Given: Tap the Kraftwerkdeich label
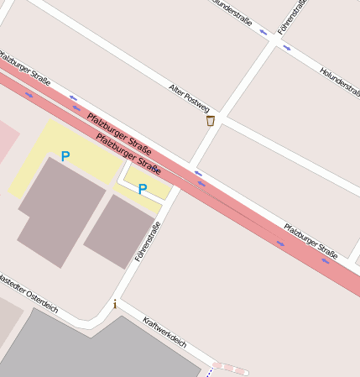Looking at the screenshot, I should pos(164,332).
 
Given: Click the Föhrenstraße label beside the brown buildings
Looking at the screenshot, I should pos(147,241).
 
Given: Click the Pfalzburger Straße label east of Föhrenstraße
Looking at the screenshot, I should pos(310,240).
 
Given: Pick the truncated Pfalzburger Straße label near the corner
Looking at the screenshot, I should pos(23,66).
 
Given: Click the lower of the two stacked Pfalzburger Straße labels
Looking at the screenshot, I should pos(128,153).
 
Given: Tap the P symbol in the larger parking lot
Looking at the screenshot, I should pos(65,156).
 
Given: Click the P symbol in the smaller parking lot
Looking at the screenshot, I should pos(142,189).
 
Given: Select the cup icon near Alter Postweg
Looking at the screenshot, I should pos(210,121).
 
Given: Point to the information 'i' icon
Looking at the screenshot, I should pos(115,304).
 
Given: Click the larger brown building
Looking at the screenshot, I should pos(59,210).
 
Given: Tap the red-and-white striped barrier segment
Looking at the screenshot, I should pos(231,368).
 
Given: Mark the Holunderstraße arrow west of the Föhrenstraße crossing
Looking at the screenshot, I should pos(263,33).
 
